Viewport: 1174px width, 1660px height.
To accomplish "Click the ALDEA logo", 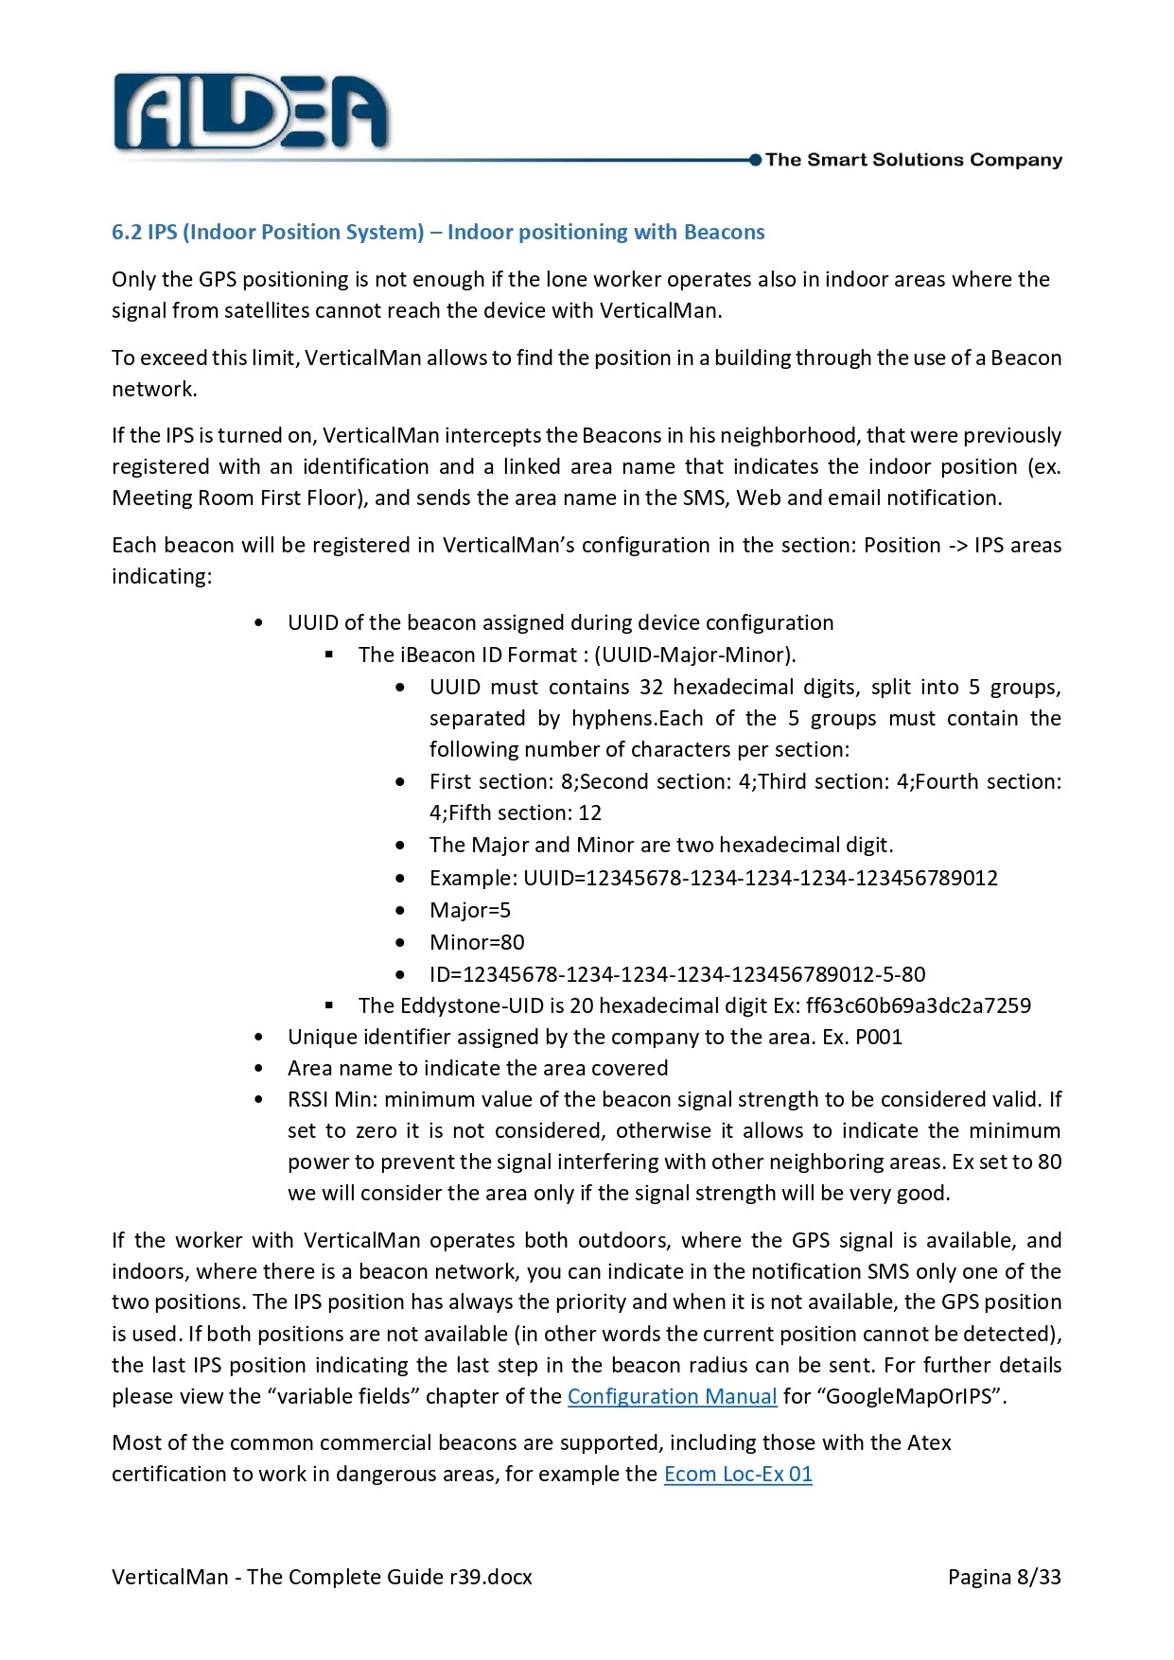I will pos(251,114).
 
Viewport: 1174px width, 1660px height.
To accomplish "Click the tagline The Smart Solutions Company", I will pos(913,160).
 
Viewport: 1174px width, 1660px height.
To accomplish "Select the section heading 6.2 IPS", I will pos(438,232).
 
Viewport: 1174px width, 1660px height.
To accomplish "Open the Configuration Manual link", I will pos(672,1396).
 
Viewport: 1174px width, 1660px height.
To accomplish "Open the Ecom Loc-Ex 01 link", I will pos(738,1474).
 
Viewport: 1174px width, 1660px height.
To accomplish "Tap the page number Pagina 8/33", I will pos(1004,1577).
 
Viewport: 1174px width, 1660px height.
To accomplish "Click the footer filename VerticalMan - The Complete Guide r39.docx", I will pos(322,1577).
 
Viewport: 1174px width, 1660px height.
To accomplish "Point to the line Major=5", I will pos(470,910).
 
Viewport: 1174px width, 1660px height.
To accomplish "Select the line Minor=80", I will pos(477,942).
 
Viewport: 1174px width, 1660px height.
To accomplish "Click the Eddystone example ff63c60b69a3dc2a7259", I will pos(918,1005).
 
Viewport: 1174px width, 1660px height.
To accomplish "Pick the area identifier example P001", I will pos(879,1037).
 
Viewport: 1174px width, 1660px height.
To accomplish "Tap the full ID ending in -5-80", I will pos(677,974).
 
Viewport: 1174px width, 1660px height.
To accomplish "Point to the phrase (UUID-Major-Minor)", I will pos(695,655).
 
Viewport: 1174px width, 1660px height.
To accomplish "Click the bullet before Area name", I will pos(259,1069).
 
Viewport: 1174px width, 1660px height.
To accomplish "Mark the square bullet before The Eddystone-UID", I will pos(329,1005).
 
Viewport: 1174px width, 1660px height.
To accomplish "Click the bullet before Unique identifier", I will pos(259,1038).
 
